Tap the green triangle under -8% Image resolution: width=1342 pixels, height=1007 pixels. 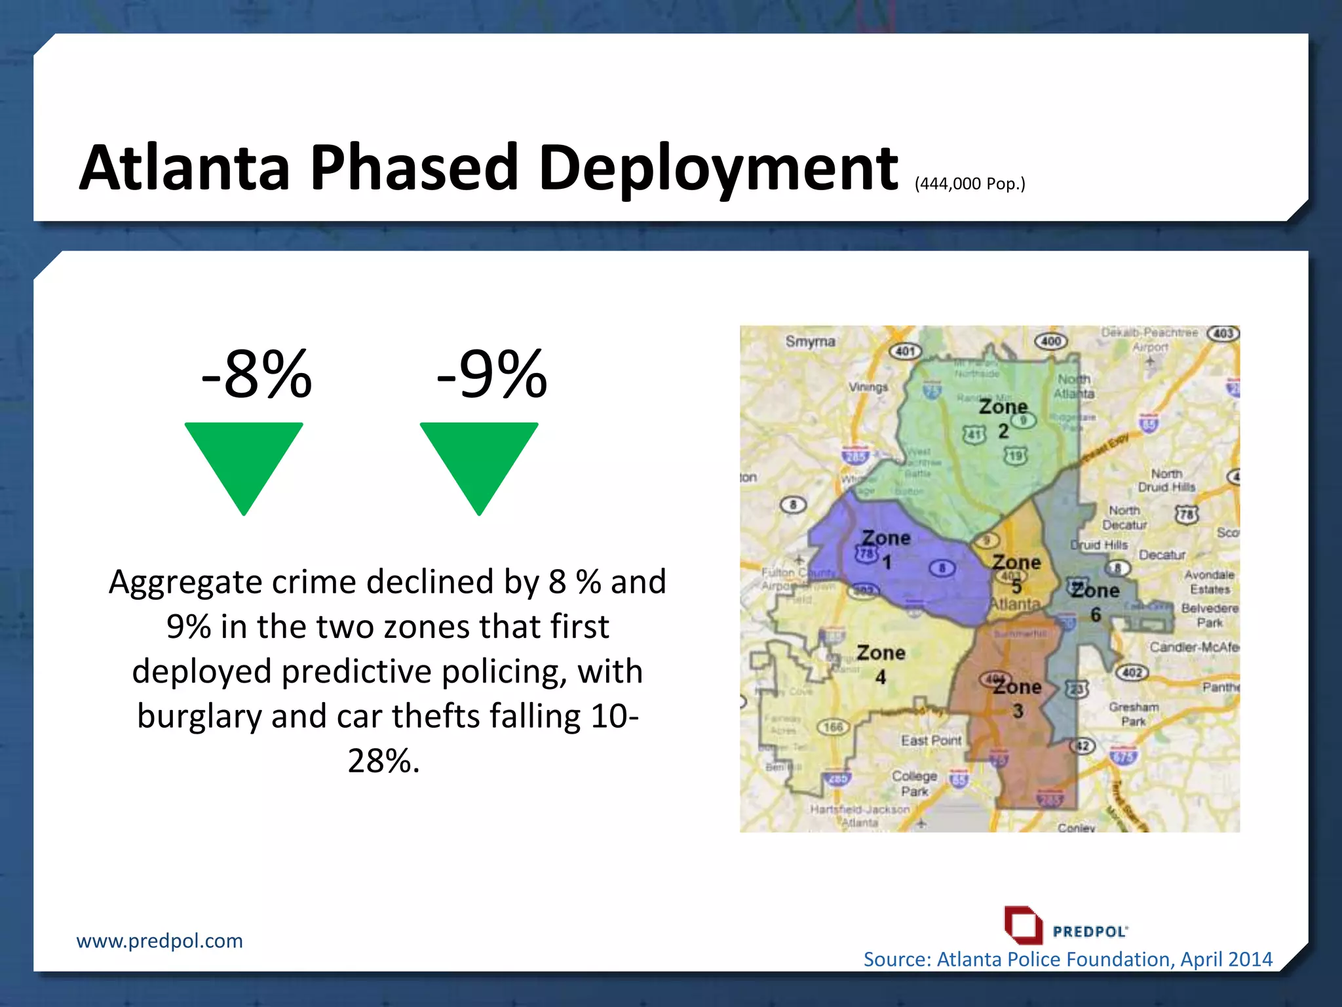(244, 462)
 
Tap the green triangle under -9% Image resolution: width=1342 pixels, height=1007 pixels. (479, 462)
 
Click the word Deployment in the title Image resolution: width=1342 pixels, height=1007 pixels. (718, 169)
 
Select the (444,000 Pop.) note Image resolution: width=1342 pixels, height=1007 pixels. (970, 184)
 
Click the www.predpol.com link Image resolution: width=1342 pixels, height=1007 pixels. (159, 941)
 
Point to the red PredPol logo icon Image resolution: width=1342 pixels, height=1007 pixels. (1023, 925)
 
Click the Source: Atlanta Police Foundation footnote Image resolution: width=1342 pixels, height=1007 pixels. (1067, 959)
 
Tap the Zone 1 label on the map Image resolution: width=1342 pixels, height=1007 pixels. (886, 549)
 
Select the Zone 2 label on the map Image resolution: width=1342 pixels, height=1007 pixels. (1003, 418)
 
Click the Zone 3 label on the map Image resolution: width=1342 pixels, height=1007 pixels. (1017, 698)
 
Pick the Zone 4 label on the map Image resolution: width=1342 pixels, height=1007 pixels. (881, 663)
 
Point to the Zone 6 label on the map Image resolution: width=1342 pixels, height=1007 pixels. (1095, 601)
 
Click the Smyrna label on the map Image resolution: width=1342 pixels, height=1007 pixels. (810, 342)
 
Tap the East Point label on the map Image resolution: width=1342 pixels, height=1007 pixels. (930, 740)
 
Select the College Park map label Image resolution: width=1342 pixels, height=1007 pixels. (914, 783)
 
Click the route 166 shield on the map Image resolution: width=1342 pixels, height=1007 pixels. (833, 726)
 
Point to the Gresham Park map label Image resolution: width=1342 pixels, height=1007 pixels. (1134, 714)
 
